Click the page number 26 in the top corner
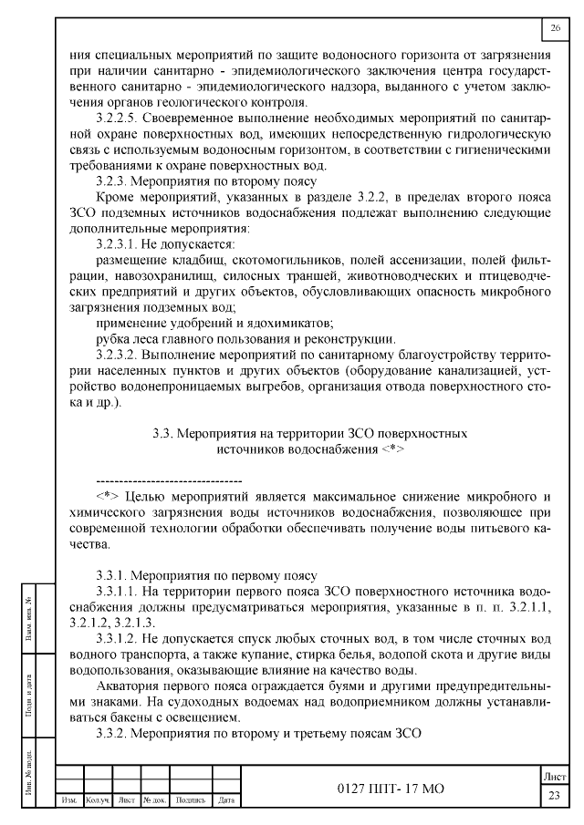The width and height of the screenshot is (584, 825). tap(556, 29)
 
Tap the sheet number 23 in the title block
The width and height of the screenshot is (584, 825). tap(554, 796)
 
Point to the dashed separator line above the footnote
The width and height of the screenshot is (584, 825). tap(169, 480)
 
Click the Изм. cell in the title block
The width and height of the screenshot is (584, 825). tap(68, 800)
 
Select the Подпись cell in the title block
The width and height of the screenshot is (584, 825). tap(189, 800)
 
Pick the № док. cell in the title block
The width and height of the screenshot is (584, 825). tap(152, 800)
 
